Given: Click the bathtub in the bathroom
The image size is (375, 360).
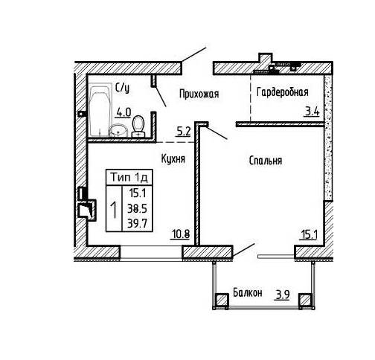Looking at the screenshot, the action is point(100,111).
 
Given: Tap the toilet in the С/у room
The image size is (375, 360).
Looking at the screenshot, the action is point(138,126).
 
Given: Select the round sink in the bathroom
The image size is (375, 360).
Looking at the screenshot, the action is point(118,130).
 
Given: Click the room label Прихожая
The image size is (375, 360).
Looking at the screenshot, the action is point(199,94).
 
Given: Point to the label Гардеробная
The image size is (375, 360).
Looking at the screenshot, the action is point(283,92).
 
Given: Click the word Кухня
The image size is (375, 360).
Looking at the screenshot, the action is point(173,158).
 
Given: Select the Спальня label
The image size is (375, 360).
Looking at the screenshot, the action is point(266,161).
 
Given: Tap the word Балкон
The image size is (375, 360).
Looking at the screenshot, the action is point(248,293).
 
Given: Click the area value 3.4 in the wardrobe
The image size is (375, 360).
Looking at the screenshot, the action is point(312,112).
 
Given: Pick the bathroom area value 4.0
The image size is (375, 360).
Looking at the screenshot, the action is point(124,113).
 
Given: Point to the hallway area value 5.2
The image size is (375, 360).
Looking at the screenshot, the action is point(183,132).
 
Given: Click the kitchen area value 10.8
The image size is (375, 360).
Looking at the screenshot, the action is point(180,234).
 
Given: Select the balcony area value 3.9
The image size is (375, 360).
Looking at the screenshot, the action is point(283,295).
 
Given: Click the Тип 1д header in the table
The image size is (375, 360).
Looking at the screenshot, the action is point(129,178).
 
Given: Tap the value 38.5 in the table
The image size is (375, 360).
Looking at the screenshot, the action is point(137,208).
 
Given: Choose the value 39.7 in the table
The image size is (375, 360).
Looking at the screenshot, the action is point(137,224).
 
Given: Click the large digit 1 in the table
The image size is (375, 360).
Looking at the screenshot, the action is point(114,210).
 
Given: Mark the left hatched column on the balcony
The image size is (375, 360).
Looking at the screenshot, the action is point(222,300).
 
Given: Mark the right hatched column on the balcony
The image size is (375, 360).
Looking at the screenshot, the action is point(305,300).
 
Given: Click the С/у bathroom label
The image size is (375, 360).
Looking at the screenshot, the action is point(123,89).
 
